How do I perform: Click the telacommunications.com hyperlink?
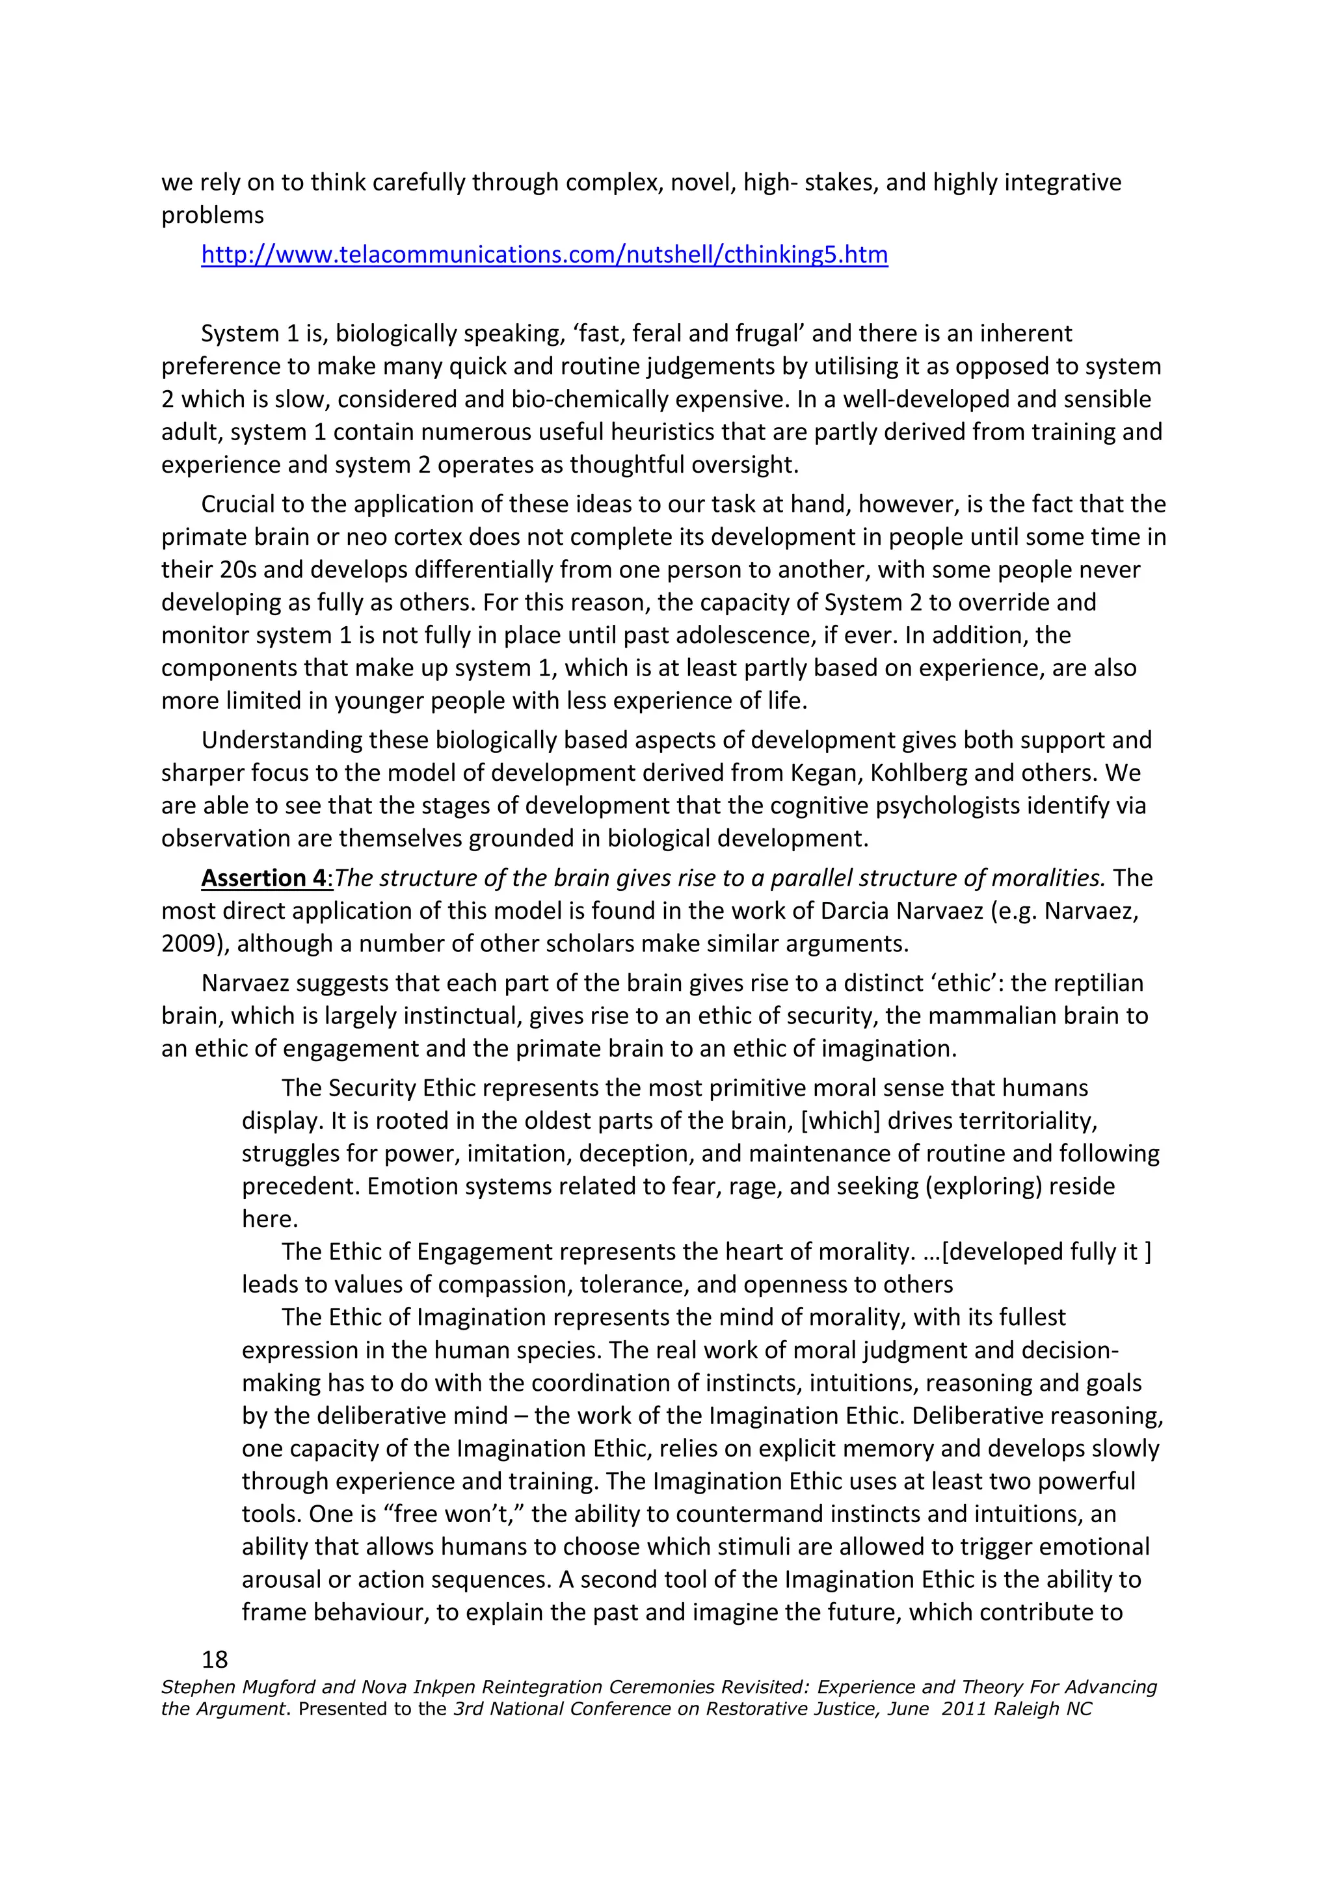point(544,255)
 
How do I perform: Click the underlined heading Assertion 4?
point(264,878)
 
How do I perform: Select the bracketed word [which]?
point(844,1121)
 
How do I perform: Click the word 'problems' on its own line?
point(213,216)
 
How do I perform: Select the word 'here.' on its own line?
point(269,1220)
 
